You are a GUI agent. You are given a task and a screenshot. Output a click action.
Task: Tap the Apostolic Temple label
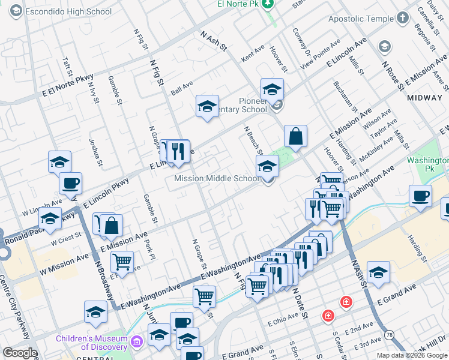pos(358,19)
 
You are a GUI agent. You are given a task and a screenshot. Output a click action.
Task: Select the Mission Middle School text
pos(217,178)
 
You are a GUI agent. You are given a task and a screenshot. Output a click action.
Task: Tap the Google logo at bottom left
pos(19,353)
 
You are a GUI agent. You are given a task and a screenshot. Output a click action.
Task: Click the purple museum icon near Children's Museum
pos(137,342)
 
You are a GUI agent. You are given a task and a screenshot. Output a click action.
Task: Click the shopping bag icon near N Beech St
pos(295,136)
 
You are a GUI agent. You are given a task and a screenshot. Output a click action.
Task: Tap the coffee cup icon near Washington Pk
pos(420,195)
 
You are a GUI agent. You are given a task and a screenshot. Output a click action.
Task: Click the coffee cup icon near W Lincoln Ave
pos(70,183)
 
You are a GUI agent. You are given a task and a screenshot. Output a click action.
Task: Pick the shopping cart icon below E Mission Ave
pos(122,261)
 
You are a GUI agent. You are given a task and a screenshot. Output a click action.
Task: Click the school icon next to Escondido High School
pos(16,11)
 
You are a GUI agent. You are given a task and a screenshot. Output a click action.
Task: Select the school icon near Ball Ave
pos(207,106)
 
